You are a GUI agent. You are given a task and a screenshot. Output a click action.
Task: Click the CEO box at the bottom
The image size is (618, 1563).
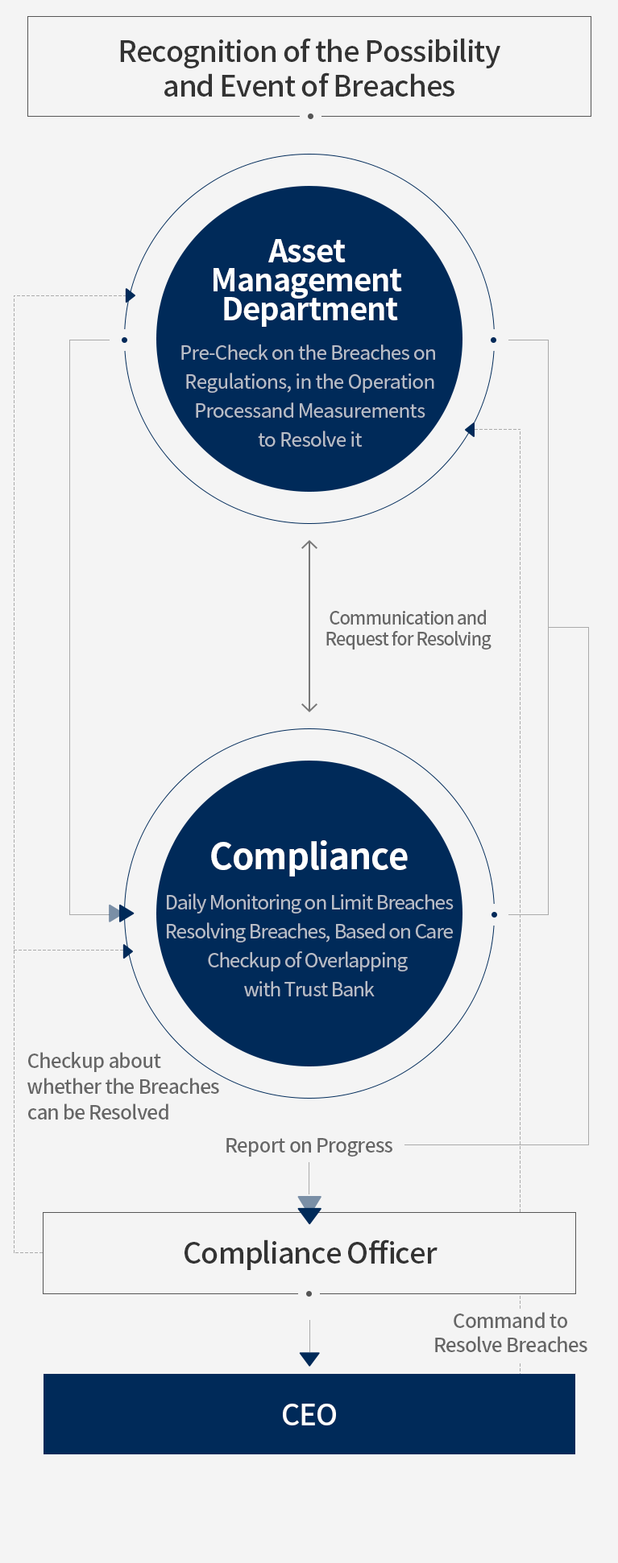(x=309, y=1413)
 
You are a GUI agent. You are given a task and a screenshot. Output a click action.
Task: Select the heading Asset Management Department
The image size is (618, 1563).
(x=307, y=280)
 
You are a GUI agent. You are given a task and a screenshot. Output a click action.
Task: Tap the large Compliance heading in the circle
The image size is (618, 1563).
(x=309, y=856)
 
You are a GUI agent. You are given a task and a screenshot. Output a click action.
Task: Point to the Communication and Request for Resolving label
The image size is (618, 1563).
(x=409, y=629)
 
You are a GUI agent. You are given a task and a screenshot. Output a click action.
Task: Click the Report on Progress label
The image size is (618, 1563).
(x=309, y=1145)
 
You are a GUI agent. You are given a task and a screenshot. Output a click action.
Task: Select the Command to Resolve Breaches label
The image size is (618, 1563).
(x=511, y=1333)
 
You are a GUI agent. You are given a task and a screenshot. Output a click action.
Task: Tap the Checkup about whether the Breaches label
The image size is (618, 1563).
(x=123, y=1087)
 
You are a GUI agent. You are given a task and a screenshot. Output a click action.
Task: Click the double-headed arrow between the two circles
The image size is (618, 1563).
(x=309, y=626)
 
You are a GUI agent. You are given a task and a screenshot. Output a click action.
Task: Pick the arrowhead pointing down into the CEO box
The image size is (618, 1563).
(x=309, y=1359)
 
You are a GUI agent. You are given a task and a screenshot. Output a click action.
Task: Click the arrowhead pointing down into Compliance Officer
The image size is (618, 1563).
(x=309, y=1210)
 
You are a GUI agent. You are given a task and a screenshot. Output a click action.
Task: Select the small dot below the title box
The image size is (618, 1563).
(x=310, y=117)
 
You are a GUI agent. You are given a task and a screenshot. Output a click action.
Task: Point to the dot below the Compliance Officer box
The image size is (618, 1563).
(x=309, y=1294)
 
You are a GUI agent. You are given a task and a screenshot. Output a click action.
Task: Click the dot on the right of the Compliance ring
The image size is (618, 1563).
(x=494, y=914)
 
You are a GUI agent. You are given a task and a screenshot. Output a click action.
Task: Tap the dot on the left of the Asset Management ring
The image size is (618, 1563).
(x=124, y=340)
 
